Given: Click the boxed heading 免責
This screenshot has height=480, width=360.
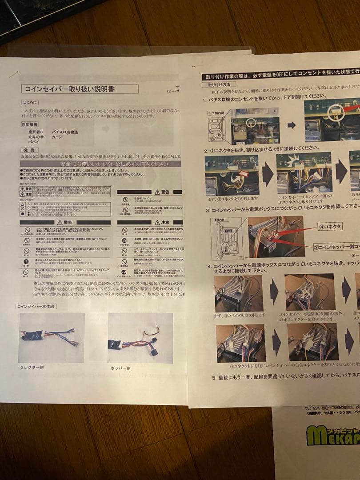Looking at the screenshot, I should tap(28, 151).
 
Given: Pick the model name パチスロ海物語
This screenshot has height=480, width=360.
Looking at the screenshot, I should tap(65, 132).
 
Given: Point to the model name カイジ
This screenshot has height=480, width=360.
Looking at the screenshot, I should tap(58, 138).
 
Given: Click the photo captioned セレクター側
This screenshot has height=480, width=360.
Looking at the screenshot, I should tap(51, 337).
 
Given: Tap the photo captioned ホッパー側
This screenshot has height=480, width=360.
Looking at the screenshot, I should tap(140, 337).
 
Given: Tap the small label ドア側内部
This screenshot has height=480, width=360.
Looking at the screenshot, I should tap(218, 113).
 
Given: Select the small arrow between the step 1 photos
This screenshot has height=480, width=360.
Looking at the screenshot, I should tap(292, 125).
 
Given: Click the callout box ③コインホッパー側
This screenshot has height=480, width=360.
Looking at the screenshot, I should tap(336, 247).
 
